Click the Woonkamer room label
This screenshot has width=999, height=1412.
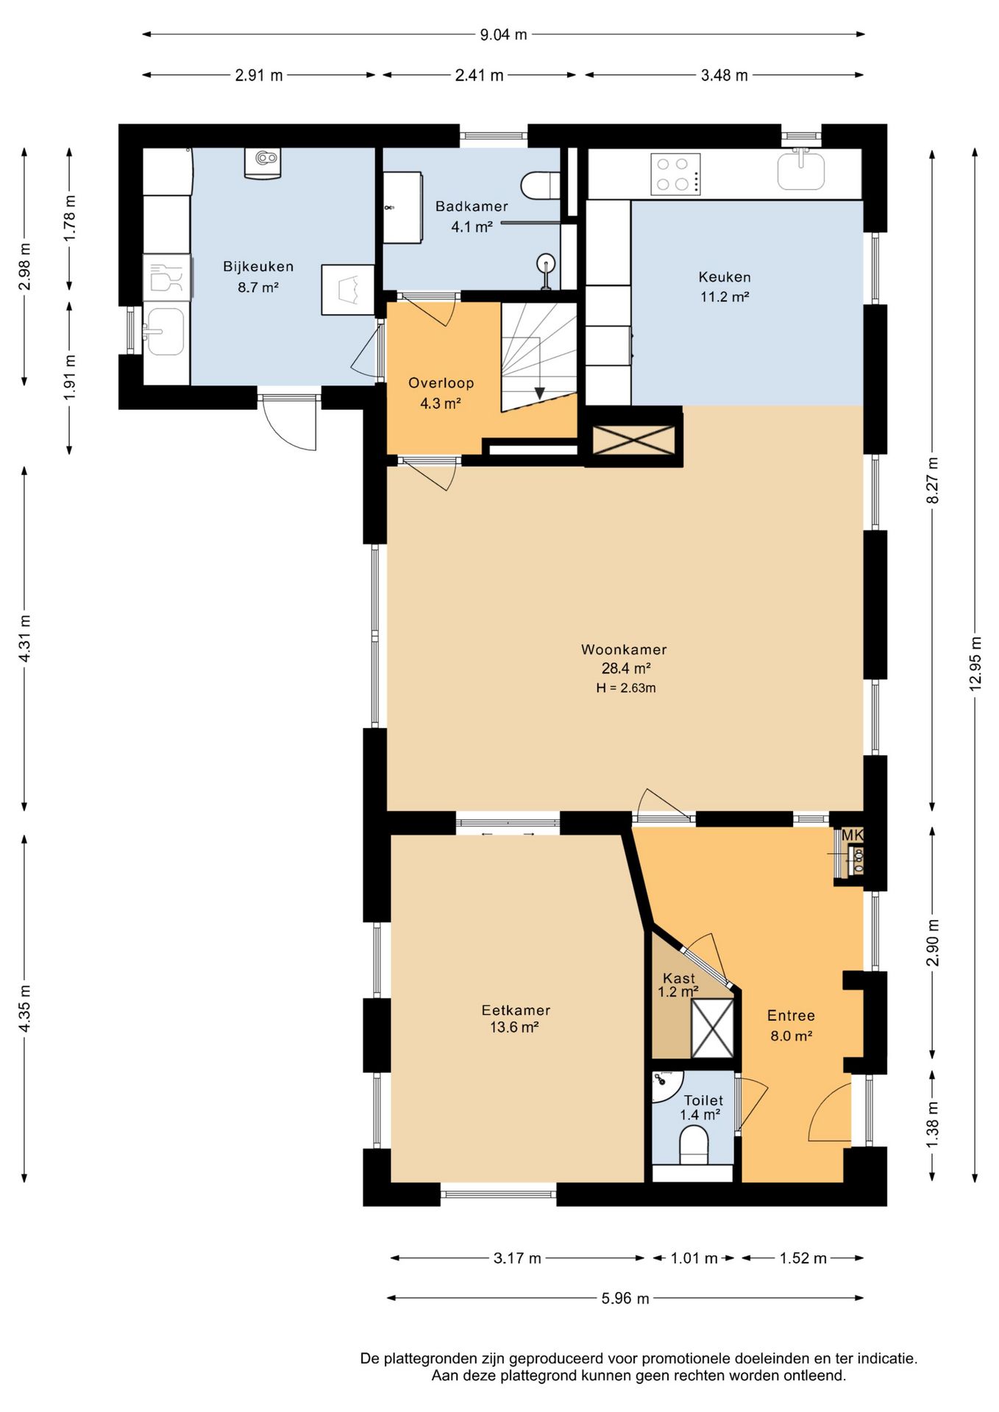[x=624, y=649]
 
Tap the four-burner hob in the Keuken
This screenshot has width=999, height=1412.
[x=675, y=174]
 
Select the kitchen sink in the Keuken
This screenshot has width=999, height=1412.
[x=801, y=169]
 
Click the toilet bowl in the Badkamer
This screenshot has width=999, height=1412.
[x=541, y=185]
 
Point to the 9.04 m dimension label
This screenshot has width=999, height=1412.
[x=503, y=35]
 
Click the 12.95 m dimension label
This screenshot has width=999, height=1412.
[x=975, y=663]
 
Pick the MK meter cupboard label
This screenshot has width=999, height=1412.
[x=852, y=835]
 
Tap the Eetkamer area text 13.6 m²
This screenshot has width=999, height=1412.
[x=514, y=1027]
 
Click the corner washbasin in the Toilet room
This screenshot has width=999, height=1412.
[x=666, y=1087]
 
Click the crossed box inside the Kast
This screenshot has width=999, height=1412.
[x=712, y=1029]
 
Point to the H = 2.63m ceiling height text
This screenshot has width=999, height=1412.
[x=625, y=688]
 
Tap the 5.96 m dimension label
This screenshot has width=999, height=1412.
[x=625, y=1299]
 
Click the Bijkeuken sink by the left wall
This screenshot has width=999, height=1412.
[x=164, y=331]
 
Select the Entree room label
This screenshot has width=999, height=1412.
[x=791, y=1016]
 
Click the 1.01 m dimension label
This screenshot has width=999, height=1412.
[x=694, y=1258]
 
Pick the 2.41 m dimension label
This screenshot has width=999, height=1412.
[x=479, y=75]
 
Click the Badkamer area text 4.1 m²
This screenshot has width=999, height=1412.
[x=472, y=227]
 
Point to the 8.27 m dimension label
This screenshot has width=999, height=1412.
[x=933, y=479]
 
